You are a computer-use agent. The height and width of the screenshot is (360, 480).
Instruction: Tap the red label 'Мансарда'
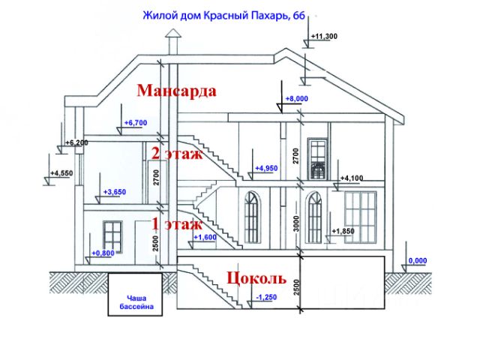click(177, 91)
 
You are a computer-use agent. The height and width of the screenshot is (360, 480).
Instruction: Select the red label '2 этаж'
click(176, 154)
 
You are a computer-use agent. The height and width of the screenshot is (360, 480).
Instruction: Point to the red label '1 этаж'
click(176, 223)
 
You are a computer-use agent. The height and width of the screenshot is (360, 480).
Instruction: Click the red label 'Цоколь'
click(256, 278)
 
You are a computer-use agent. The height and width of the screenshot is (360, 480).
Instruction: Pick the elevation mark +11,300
click(324, 36)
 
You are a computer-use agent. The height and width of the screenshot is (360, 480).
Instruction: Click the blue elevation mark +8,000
click(296, 98)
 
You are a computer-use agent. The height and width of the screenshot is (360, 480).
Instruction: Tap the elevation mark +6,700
click(136, 122)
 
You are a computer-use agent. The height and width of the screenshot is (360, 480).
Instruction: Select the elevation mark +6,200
click(76, 142)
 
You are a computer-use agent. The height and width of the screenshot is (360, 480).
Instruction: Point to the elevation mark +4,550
click(61, 173)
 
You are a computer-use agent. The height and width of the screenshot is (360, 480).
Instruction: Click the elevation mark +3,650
click(114, 192)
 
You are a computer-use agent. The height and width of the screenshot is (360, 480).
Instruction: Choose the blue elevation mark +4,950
click(267, 168)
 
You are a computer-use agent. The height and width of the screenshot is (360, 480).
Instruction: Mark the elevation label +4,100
click(352, 178)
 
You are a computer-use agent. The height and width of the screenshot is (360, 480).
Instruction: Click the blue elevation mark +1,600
click(205, 237)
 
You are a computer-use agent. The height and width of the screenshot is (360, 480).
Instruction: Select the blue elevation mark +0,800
click(103, 253)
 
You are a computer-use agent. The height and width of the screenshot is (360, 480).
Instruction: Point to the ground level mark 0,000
click(417, 261)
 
